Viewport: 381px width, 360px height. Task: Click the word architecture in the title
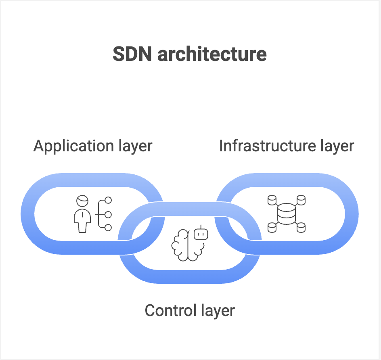212,54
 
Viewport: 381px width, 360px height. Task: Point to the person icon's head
82,201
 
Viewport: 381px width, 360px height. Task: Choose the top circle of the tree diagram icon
108,200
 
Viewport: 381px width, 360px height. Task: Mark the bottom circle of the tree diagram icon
108,228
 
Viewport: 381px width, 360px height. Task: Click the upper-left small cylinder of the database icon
272,200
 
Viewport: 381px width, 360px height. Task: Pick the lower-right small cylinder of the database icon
301,228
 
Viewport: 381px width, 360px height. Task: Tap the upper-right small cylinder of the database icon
301,200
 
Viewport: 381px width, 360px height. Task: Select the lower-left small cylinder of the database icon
272,228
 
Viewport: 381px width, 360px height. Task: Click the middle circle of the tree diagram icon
108,214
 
